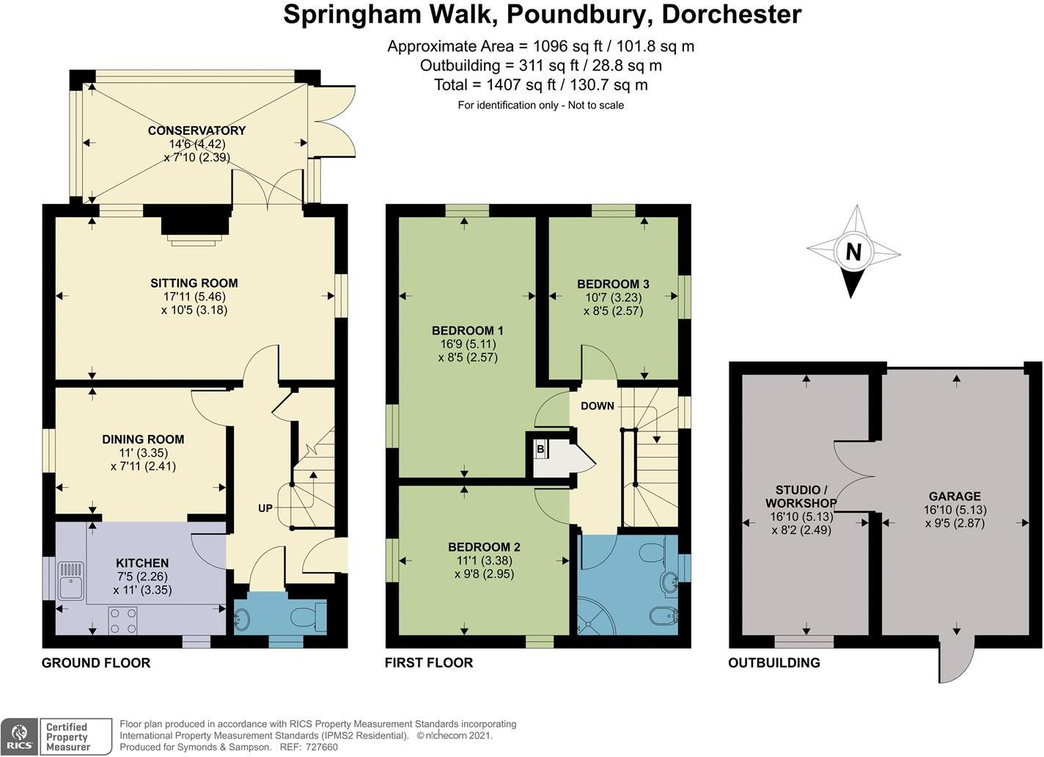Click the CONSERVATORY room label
pyautogui.click(x=196, y=131)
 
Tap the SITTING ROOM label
pyautogui.click(x=194, y=283)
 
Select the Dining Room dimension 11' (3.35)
pyautogui.click(x=143, y=453)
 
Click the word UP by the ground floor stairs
pyautogui.click(x=265, y=508)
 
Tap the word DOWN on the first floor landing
pyautogui.click(x=597, y=406)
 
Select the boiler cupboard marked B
pyautogui.click(x=540, y=449)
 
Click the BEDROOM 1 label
pyautogui.click(x=467, y=331)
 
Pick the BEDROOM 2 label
pyautogui.click(x=484, y=547)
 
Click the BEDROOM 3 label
pyautogui.click(x=613, y=284)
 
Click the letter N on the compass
pyautogui.click(x=853, y=252)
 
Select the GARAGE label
pyautogui.click(x=955, y=497)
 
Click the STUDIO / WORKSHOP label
pyautogui.click(x=801, y=497)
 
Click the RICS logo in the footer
pyautogui.click(x=20, y=736)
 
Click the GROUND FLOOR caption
pyautogui.click(x=96, y=663)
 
